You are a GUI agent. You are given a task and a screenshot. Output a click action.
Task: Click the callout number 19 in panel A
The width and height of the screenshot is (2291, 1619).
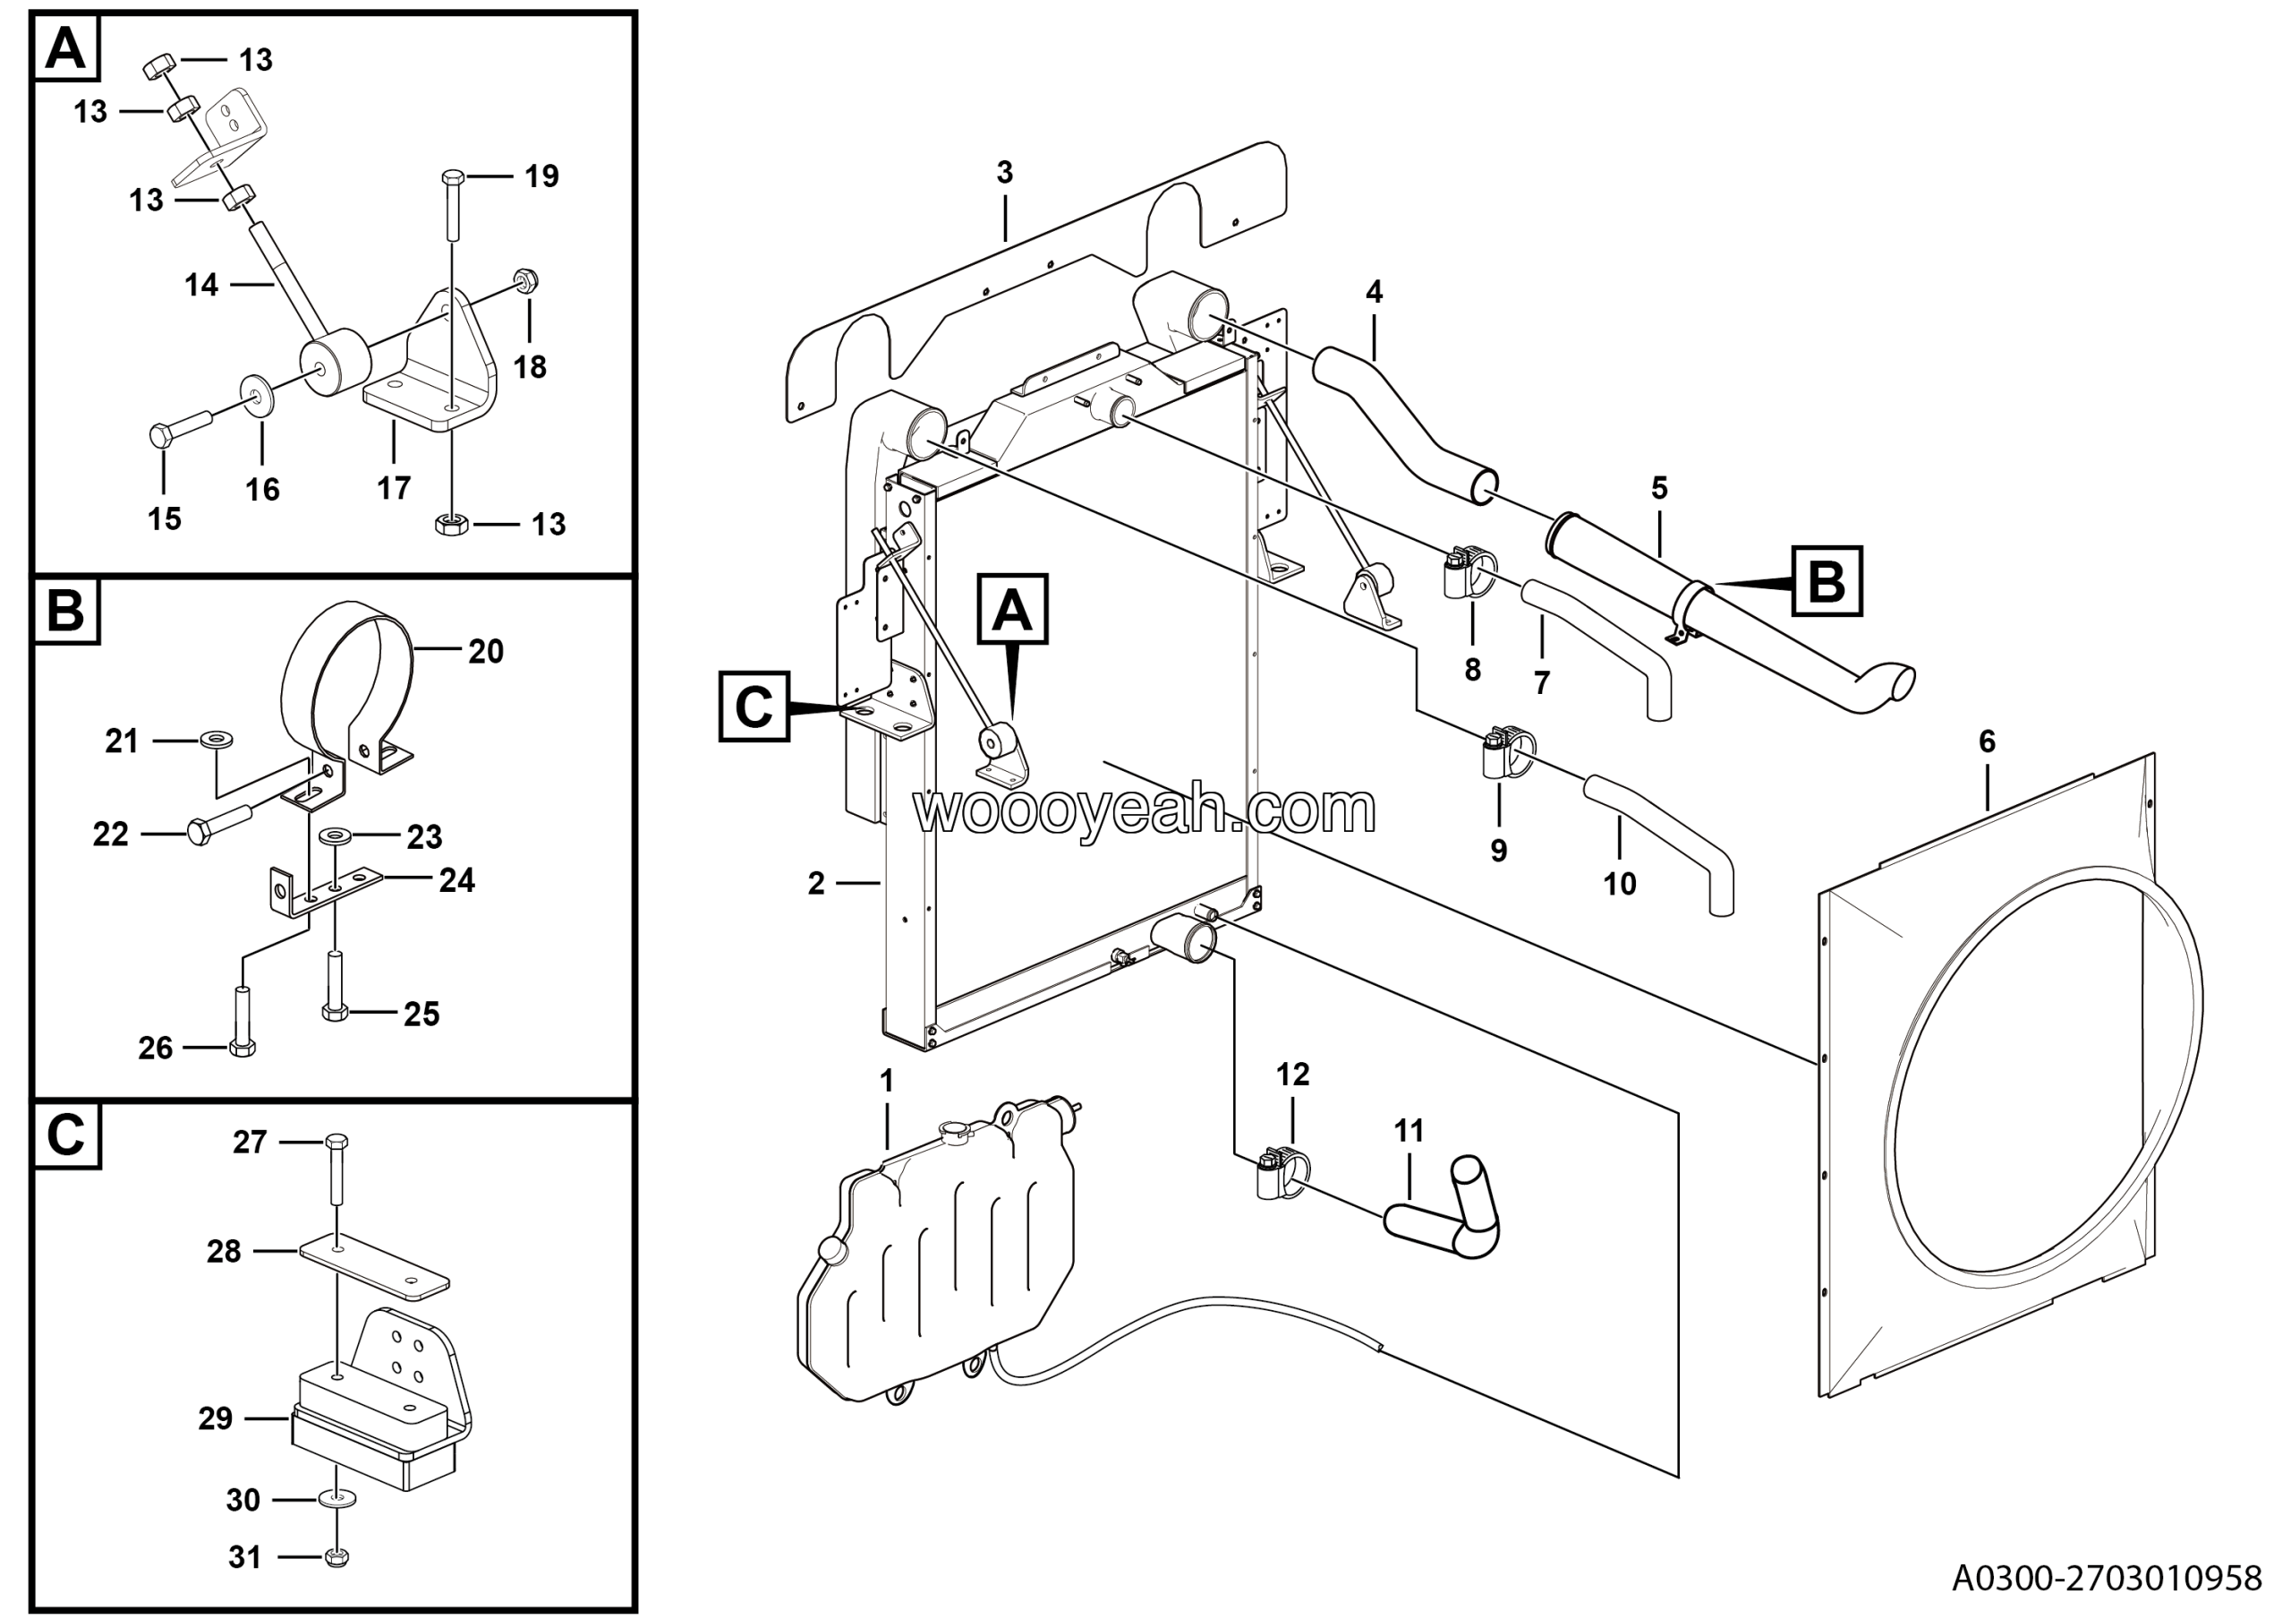tap(541, 176)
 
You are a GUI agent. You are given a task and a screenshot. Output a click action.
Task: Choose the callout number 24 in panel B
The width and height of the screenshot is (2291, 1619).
tap(457, 879)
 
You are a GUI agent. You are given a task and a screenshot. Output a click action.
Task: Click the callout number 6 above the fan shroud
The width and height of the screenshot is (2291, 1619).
tap(1986, 741)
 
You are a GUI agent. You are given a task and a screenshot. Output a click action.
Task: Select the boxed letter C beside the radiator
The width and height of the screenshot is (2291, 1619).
tap(754, 707)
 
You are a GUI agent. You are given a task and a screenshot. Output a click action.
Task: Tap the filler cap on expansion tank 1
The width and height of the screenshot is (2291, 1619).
tap(955, 1130)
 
